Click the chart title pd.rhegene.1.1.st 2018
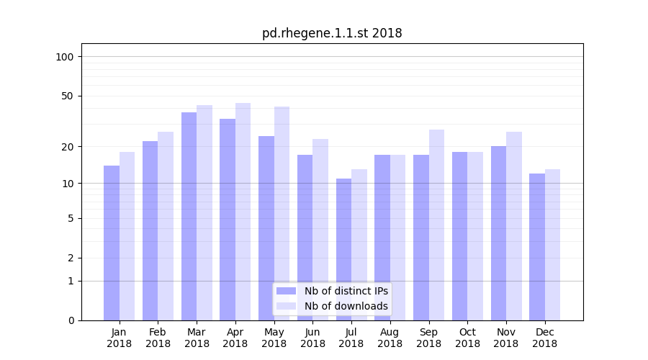(x=332, y=33)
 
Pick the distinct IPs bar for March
(x=189, y=216)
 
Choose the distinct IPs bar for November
(x=498, y=233)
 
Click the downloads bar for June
(x=320, y=230)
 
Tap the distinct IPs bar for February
(x=150, y=230)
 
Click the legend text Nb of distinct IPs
(x=346, y=291)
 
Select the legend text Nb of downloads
(x=346, y=306)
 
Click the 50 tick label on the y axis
(x=67, y=96)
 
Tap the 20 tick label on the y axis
(x=67, y=147)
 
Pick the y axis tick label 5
(x=70, y=218)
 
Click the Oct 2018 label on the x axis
(x=467, y=338)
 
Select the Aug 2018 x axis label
(x=390, y=338)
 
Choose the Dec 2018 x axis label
(x=544, y=338)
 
